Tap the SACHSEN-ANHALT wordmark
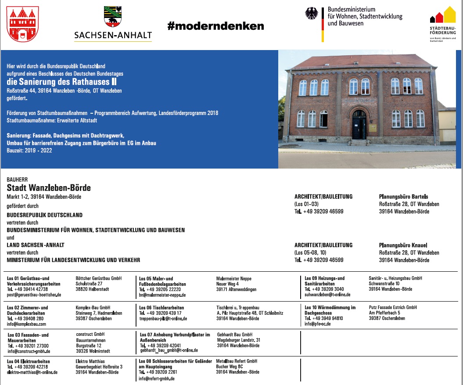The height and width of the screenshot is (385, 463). click(113, 35)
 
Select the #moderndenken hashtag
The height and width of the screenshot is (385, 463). click(215, 26)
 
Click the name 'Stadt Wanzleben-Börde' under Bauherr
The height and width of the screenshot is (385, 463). click(49, 188)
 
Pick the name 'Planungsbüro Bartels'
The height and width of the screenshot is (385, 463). click(403, 197)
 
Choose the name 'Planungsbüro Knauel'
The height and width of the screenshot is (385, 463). click(403, 245)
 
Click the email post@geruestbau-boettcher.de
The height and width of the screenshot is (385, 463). click(34, 295)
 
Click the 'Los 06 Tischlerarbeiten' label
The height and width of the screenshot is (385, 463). click(162, 308)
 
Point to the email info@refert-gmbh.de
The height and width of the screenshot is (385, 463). click(157, 378)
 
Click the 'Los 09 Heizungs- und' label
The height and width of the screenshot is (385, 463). click(325, 278)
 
